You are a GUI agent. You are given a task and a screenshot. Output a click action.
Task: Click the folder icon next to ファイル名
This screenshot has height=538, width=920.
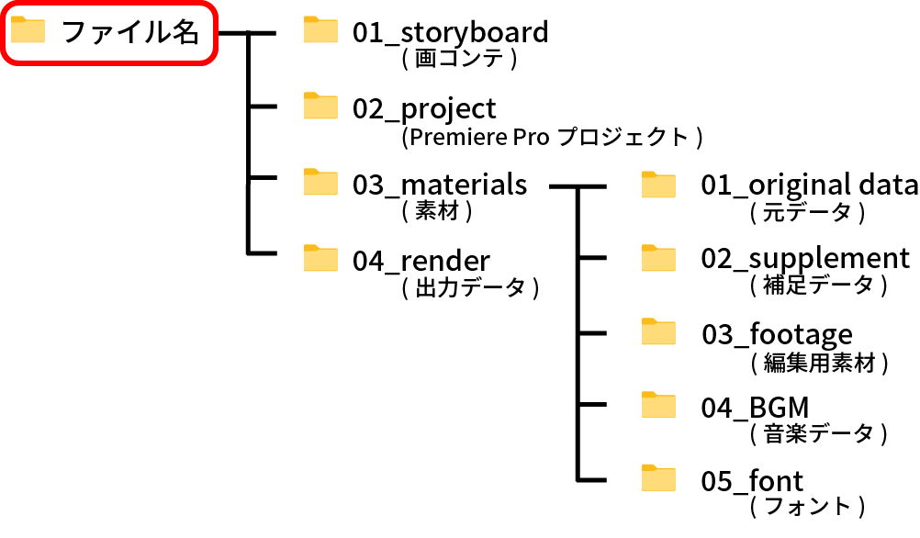tap(28, 31)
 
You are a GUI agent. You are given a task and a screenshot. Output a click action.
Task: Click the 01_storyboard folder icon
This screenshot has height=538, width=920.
tap(321, 31)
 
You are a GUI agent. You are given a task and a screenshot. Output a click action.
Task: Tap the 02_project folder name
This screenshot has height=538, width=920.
tap(424, 108)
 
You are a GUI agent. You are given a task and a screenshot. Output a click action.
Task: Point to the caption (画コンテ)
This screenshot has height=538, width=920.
tap(460, 59)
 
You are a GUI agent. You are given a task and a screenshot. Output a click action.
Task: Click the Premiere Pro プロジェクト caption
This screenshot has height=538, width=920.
tap(552, 138)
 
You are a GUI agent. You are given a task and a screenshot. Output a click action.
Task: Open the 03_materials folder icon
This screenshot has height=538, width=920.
tap(321, 183)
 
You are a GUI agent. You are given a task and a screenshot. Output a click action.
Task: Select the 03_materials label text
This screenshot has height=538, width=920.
tap(440, 185)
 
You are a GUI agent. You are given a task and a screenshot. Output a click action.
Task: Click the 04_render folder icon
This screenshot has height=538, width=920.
tap(321, 259)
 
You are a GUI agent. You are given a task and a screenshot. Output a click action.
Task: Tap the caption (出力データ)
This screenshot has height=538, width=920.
tap(469, 288)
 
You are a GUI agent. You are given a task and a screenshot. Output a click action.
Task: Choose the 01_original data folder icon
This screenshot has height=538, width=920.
tap(658, 185)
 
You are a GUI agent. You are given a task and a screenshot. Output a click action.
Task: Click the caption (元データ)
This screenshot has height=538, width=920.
tap(808, 213)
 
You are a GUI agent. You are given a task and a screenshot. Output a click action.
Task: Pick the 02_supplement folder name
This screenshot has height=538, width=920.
tap(805, 259)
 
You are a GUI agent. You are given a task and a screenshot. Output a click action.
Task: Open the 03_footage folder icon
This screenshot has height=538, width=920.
tap(658, 332)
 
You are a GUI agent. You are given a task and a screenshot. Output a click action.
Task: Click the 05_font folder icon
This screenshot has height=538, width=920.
tap(658, 479)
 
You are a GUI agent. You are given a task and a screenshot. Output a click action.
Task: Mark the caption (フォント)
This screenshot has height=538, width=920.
tap(808, 506)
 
